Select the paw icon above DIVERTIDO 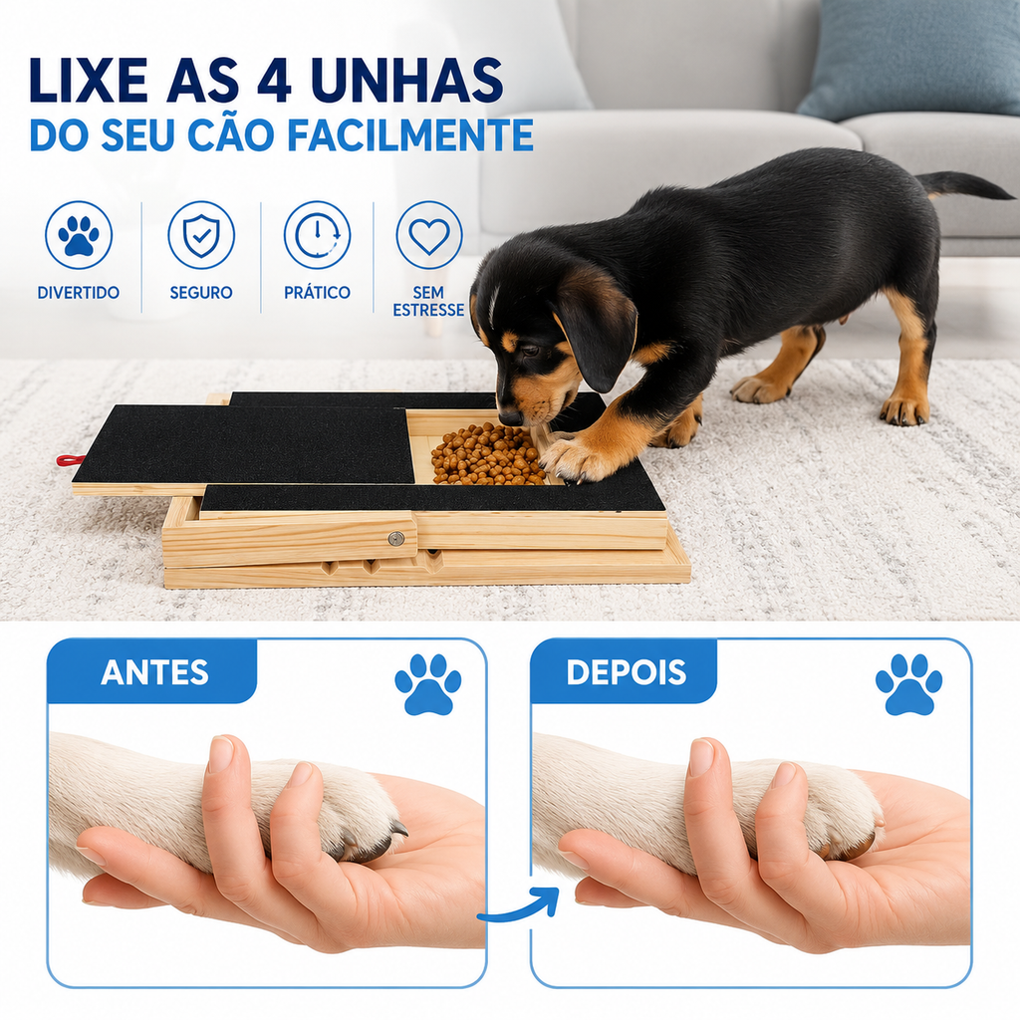pos(79,235)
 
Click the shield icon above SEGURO pos(201,235)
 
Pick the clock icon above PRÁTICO pos(317,235)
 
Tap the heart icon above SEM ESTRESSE pos(428,235)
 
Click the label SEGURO pos(201,293)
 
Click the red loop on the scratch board pos(71,460)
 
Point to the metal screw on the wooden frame pos(395,539)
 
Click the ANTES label pos(154,672)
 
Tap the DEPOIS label pos(626,672)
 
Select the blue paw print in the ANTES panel pos(427,684)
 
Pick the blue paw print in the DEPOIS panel pos(908,684)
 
